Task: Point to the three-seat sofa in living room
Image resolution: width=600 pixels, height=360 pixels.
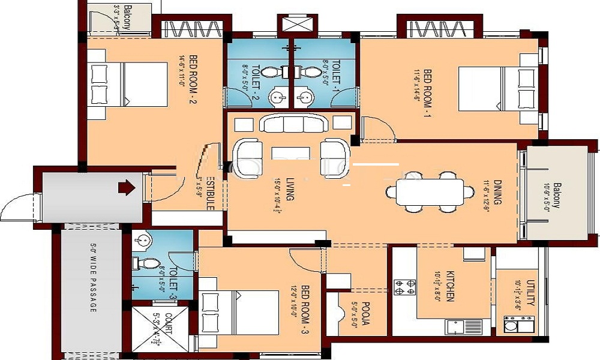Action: coord(293,124)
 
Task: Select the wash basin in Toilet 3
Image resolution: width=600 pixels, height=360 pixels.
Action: coord(142,241)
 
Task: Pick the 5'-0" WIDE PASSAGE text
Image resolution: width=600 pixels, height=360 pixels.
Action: coord(93,277)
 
